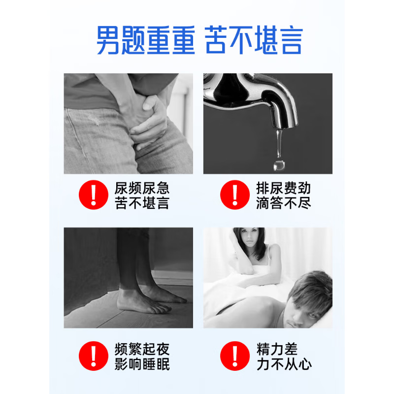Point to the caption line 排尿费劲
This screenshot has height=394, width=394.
point(283,188)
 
